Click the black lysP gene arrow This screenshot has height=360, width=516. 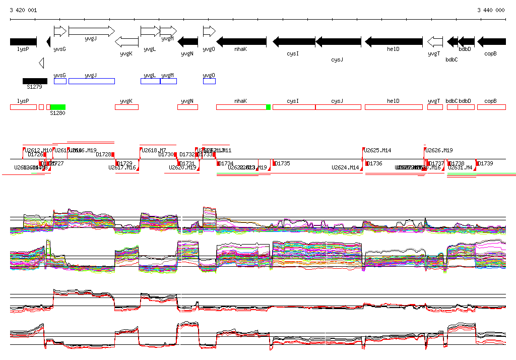pos(23,41)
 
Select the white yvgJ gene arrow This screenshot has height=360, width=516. pos(91,31)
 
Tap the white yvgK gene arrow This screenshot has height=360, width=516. pos(126,41)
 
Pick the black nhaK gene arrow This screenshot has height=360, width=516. pos(241,41)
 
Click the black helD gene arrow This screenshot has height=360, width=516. pos(393,41)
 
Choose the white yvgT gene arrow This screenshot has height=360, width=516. pos(435,41)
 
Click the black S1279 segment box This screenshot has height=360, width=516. pos(35,81)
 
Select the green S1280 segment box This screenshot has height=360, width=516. pos(57,107)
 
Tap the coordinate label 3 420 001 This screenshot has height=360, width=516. pos(23,10)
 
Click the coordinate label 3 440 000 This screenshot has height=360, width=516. pos(491,10)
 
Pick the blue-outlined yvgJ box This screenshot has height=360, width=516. pos(91,81)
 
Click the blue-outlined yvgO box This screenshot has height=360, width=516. pos(209,81)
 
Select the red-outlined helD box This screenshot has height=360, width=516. pos(393,107)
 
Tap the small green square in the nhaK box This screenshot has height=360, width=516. pos(268,107)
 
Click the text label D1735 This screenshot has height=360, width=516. pos(283,163)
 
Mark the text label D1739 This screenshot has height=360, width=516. pos(486,163)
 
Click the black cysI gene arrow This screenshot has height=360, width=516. pos(294,41)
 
